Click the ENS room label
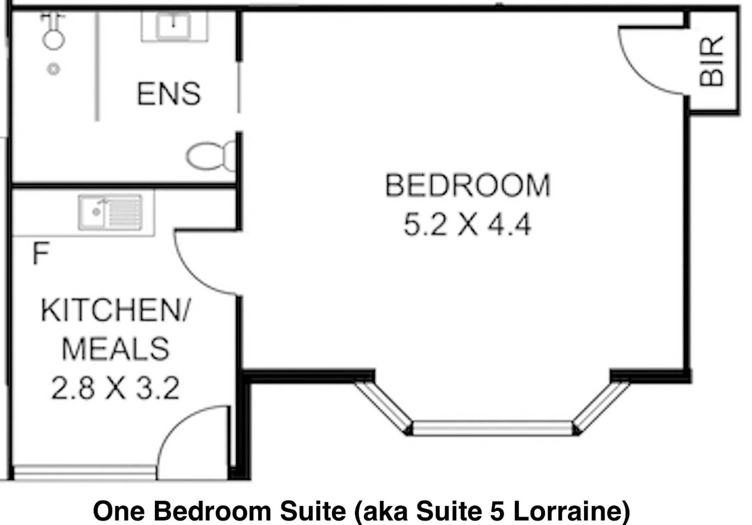click(169, 94)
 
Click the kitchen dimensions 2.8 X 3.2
click(115, 388)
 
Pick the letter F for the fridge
click(41, 253)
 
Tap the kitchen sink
click(110, 212)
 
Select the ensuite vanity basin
click(174, 26)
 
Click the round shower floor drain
click(53, 69)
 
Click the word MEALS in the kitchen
click(116, 349)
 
